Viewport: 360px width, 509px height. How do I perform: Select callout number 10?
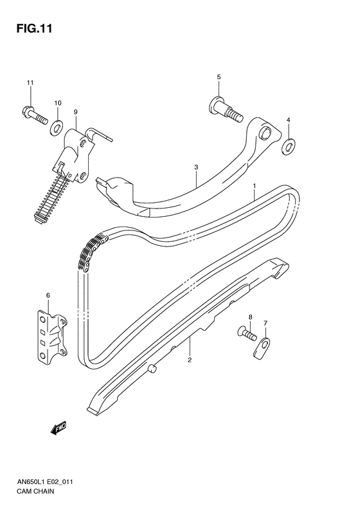(58, 103)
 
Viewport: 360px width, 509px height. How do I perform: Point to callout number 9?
(75, 112)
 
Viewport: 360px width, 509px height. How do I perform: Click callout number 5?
(218, 77)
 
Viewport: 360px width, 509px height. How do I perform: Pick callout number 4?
(288, 120)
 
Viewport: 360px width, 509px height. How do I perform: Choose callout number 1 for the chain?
(255, 186)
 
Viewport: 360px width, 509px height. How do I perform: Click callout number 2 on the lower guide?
(190, 360)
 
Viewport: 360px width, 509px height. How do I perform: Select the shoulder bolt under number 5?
(224, 109)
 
